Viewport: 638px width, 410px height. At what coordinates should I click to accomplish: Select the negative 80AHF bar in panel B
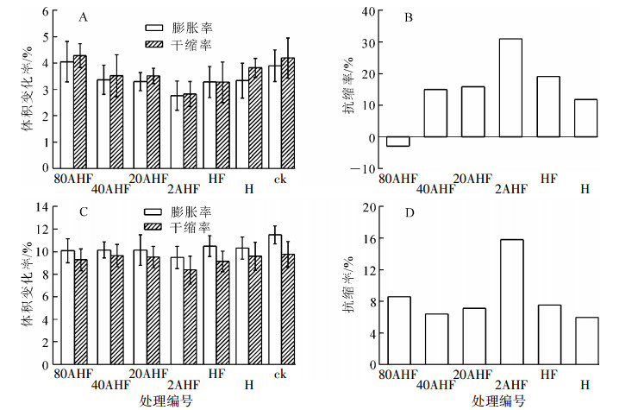(x=397, y=142)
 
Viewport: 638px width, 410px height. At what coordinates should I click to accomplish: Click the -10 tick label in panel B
(x=366, y=169)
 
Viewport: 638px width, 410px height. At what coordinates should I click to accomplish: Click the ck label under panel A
(x=280, y=179)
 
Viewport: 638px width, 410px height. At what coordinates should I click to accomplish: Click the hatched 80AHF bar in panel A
(x=80, y=111)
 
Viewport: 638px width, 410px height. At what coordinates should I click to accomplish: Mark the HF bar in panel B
(x=548, y=107)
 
